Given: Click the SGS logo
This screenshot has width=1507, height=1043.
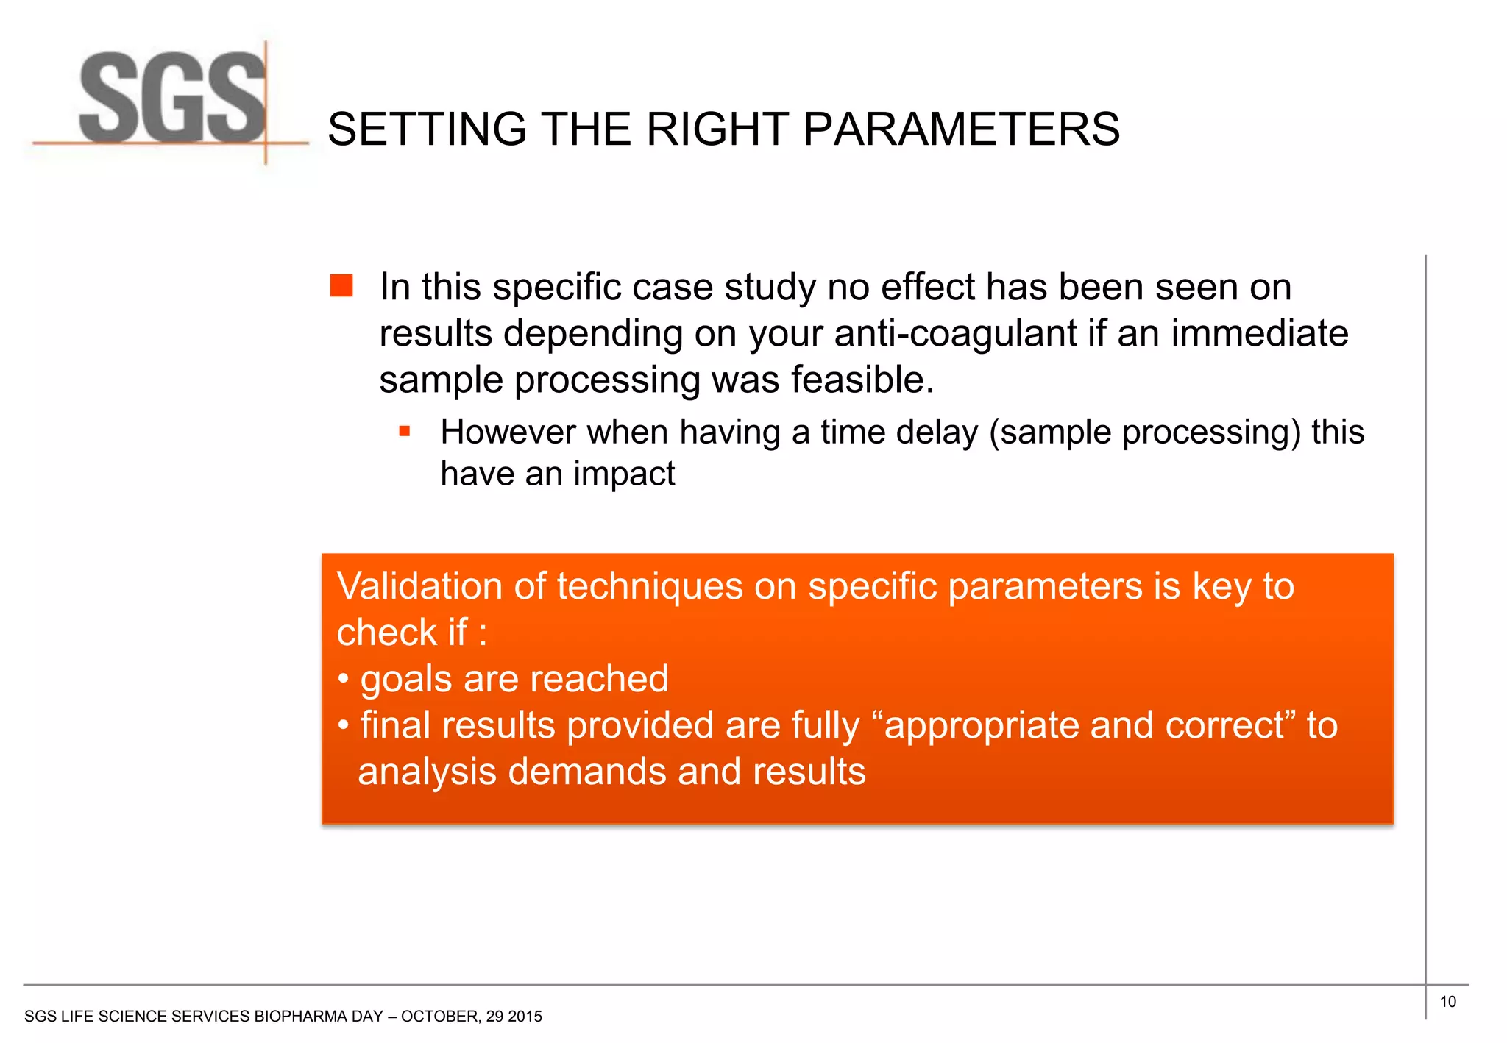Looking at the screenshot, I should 173,99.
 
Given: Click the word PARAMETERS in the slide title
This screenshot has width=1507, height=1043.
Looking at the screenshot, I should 961,129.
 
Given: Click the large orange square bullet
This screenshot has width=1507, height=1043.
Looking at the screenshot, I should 341,285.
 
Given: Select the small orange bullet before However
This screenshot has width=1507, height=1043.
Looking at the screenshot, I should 404,431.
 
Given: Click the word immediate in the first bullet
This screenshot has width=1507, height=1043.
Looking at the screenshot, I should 1259,333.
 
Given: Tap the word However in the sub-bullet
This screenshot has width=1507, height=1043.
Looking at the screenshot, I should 507,432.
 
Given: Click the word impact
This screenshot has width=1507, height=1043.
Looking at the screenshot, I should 624,474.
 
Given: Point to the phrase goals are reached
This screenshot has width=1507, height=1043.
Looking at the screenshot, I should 514,679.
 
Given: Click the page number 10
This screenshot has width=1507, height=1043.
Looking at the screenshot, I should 1447,1002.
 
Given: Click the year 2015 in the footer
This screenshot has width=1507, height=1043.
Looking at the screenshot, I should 525,1017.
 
